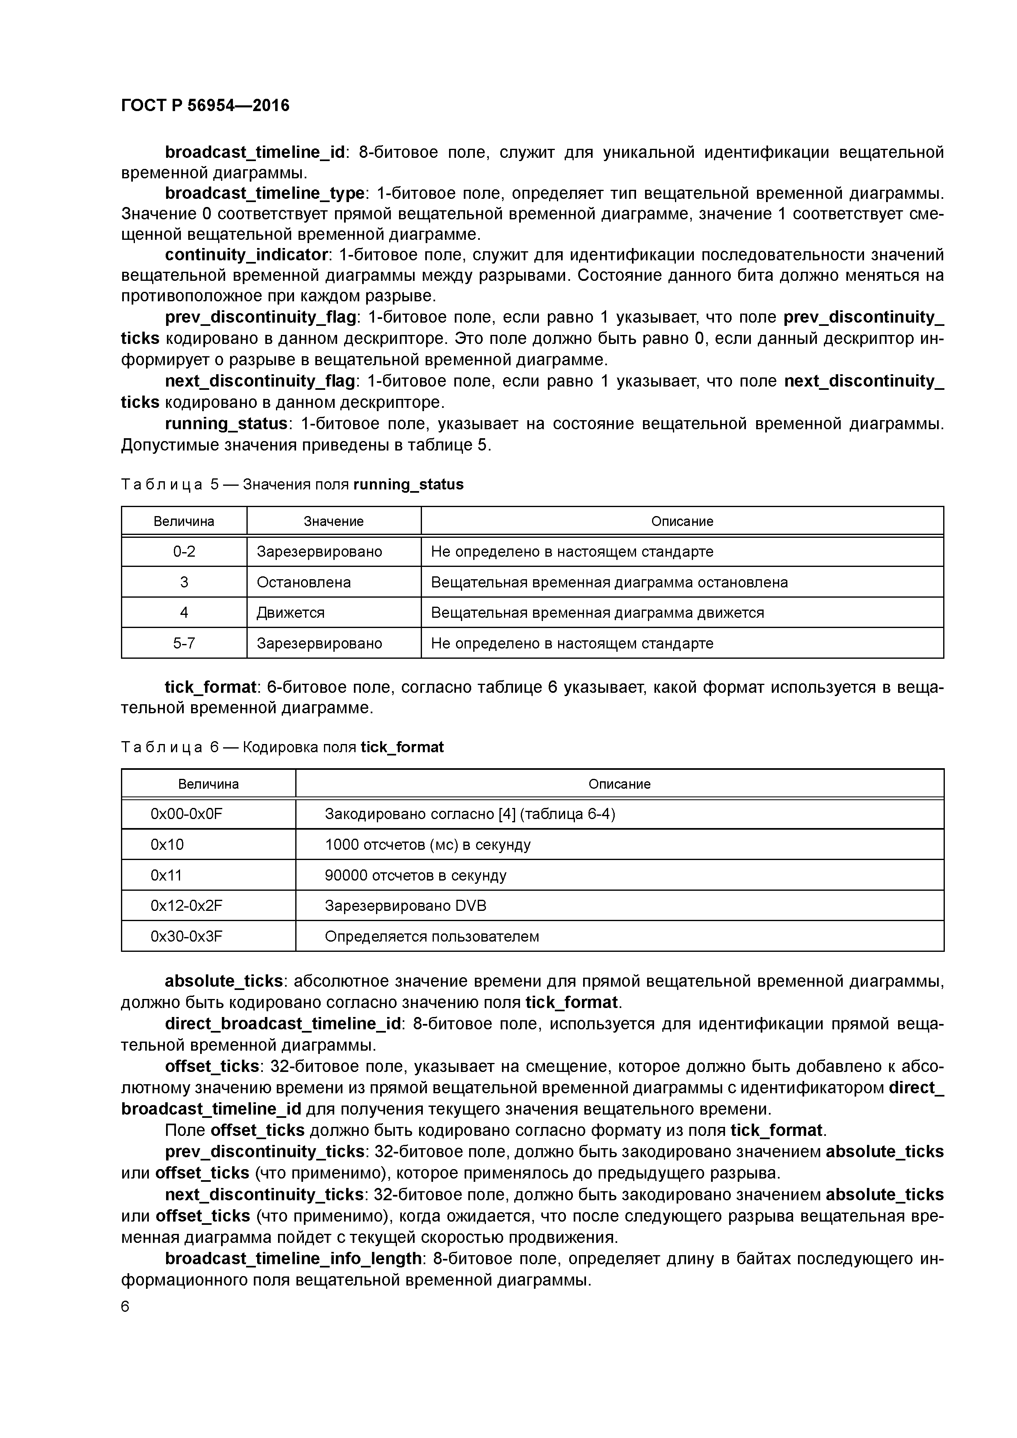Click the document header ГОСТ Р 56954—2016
tap(205, 105)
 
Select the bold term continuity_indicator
tap(246, 255)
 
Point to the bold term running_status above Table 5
tap(226, 424)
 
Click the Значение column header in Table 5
tap(333, 521)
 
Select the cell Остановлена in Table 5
tap(303, 582)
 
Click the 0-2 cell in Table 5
tap(184, 552)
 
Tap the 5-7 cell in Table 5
tap(184, 643)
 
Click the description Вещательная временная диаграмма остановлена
tap(609, 582)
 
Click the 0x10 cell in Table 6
tap(167, 845)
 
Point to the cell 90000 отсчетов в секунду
tap(415, 876)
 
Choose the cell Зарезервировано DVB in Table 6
tap(406, 906)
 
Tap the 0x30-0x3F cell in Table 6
tap(186, 936)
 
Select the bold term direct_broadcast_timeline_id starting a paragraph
tap(283, 1024)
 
